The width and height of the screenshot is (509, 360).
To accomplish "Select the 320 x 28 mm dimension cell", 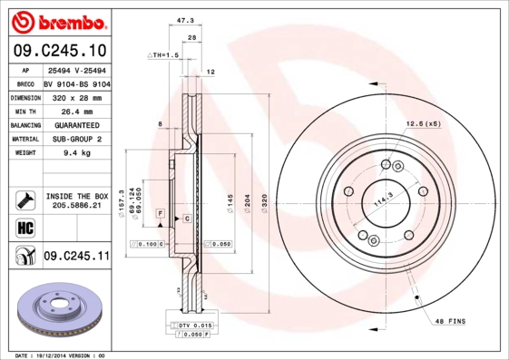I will click(x=75, y=95).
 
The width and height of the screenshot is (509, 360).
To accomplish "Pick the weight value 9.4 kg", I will click(x=75, y=153).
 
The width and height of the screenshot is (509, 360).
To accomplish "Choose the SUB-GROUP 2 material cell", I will click(x=75, y=139).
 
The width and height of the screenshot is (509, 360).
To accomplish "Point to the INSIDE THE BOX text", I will click(x=76, y=196).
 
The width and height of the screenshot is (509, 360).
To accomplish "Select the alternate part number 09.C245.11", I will click(x=76, y=258).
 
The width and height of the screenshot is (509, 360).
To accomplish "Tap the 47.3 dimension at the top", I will click(x=184, y=19).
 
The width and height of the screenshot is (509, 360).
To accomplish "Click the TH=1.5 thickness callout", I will click(x=164, y=55).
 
